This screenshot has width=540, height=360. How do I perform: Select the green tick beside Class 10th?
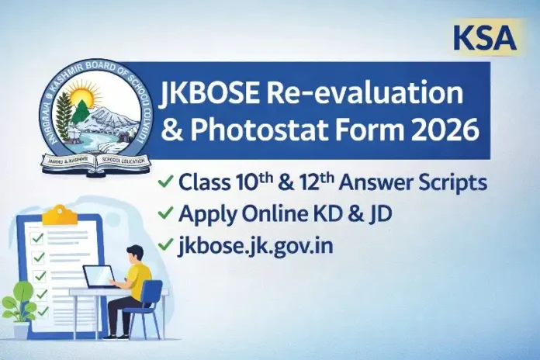click(x=165, y=183)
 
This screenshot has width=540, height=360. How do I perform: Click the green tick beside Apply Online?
click(x=165, y=214)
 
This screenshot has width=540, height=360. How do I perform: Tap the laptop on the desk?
click(x=99, y=277)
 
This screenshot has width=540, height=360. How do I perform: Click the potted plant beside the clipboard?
click(x=17, y=306)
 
